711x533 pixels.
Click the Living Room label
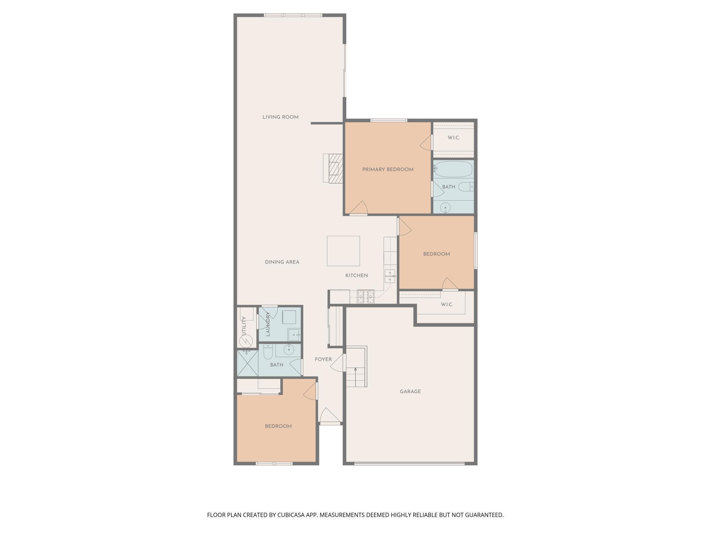point(280,117)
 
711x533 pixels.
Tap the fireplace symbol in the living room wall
point(333,168)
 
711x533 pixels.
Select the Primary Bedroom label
point(388,169)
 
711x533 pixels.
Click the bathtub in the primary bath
point(454,169)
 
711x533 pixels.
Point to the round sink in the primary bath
point(445,207)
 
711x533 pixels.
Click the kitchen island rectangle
point(343,251)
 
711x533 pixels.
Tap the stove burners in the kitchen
point(366,296)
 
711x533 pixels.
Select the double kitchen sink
point(390,276)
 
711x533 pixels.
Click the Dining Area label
point(282,262)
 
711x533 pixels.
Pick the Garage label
point(410,392)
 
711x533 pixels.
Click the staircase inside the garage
point(356,367)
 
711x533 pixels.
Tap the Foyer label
point(323,359)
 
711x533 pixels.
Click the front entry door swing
point(330,416)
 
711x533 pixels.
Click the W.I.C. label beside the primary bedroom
point(454,138)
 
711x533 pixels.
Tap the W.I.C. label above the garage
point(447,304)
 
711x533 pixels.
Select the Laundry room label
point(268,324)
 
